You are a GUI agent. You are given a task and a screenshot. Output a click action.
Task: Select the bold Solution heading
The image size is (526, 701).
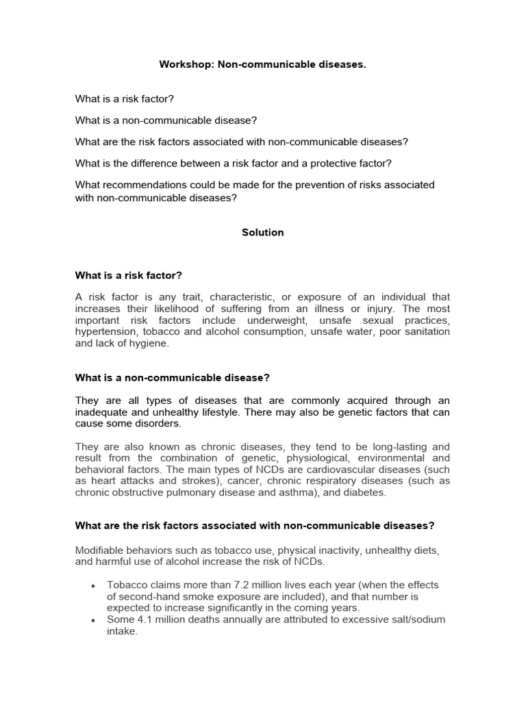[x=262, y=232]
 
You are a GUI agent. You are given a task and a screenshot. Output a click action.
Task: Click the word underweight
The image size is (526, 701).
[x=307, y=320]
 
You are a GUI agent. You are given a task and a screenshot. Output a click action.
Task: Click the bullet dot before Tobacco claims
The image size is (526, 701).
[x=92, y=586]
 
